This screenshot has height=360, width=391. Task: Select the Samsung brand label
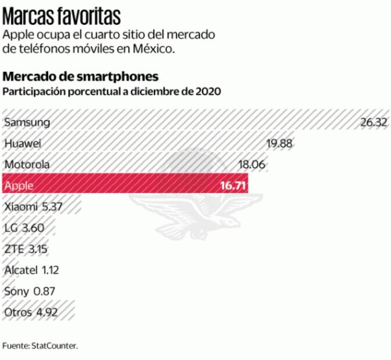[27, 122]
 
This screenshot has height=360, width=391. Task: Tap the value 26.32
[374, 122]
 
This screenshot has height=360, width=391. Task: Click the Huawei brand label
[23, 143]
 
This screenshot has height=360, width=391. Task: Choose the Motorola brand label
[27, 164]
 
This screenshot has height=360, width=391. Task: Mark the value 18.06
[252, 164]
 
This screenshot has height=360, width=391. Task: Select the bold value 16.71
[233, 186]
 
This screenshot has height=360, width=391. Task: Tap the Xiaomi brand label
[19, 207]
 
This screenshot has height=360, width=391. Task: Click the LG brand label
[10, 228]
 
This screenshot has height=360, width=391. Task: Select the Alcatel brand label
[21, 270]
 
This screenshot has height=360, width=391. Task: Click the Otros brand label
[17, 312]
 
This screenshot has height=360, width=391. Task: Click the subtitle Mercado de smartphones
[81, 77]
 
